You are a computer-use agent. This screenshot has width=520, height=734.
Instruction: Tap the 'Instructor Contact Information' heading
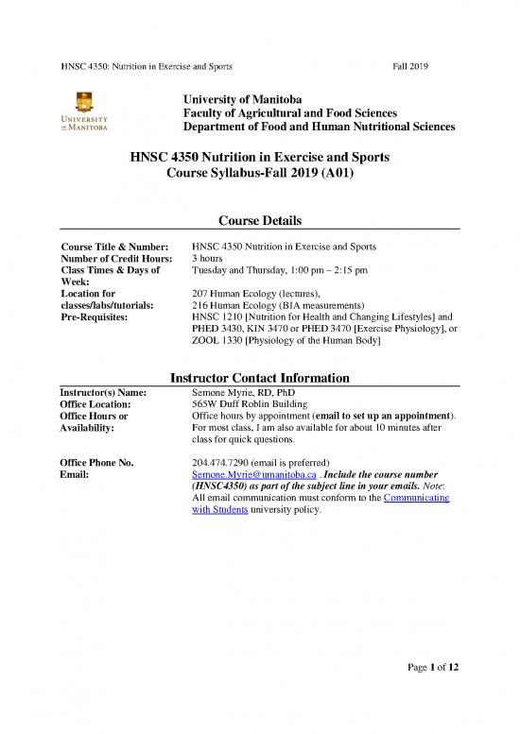(x=260, y=378)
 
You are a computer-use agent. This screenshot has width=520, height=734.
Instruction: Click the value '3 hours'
(x=208, y=258)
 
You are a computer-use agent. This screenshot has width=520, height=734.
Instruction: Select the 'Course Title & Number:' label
(x=113, y=246)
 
